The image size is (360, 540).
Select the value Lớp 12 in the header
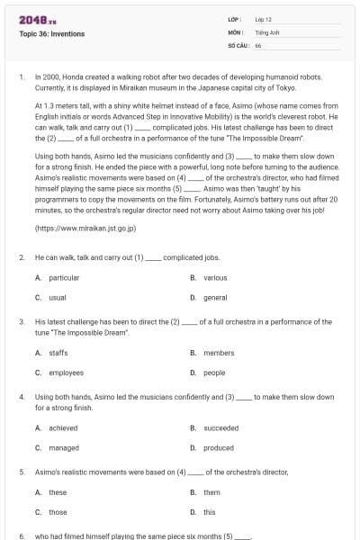tap(263, 19)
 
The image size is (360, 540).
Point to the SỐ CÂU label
tap(238, 44)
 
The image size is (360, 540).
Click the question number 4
tap(22, 397)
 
